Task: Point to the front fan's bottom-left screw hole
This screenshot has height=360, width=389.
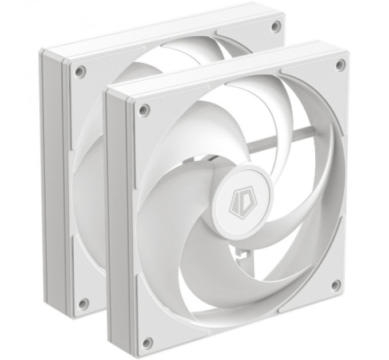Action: click(148, 343)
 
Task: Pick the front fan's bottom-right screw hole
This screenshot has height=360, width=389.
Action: click(336, 285)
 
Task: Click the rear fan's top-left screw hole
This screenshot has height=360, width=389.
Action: click(80, 71)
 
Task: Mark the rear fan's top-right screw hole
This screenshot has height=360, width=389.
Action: click(276, 26)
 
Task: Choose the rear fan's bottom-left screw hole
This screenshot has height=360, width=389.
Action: click(84, 303)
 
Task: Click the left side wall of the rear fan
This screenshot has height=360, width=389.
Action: click(54, 183)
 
